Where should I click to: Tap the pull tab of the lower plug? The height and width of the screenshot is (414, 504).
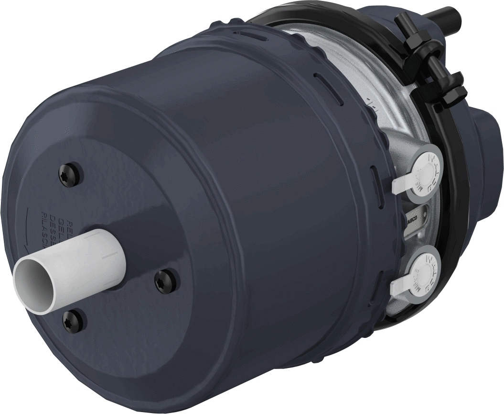(399, 287)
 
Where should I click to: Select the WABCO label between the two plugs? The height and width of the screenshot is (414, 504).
(411, 217)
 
